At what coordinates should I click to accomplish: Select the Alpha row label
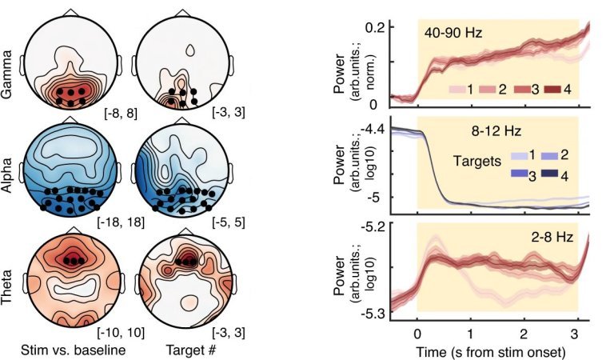tap(10, 170)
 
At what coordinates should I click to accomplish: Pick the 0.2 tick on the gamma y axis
tap(377, 26)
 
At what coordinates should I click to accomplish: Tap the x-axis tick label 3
tap(577, 333)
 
